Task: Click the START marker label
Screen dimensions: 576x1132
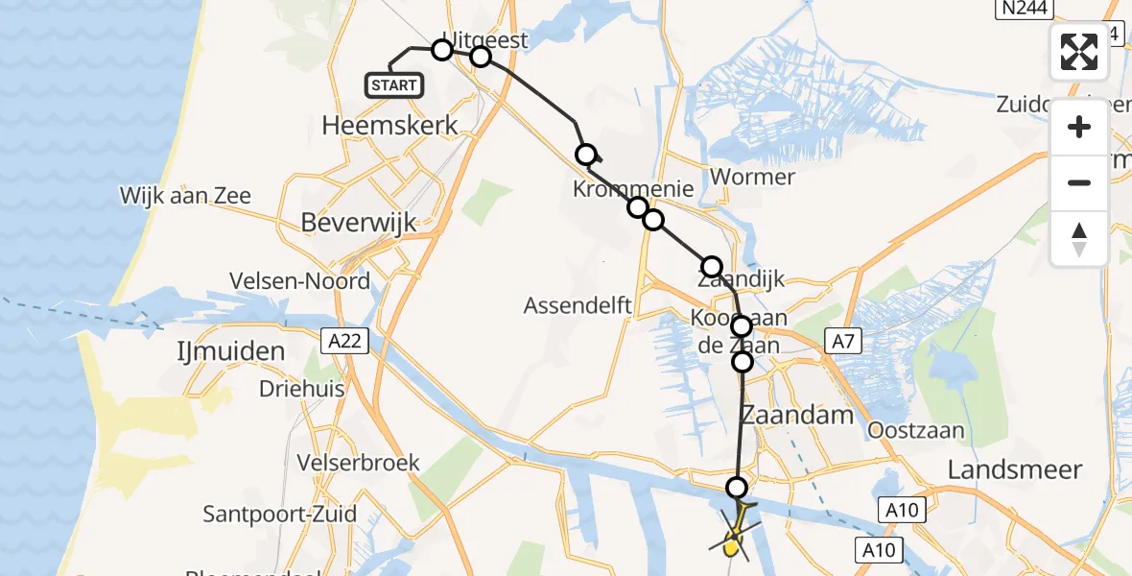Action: click(394, 85)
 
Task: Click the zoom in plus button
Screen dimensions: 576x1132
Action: click(1079, 128)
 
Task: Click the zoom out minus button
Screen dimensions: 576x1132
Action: click(1079, 183)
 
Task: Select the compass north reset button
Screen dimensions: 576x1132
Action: click(1079, 239)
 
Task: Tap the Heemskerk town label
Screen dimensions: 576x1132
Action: click(389, 125)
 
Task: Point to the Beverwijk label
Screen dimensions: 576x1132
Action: click(358, 223)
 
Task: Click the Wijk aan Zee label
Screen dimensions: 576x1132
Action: click(185, 196)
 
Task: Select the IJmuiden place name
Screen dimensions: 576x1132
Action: click(231, 351)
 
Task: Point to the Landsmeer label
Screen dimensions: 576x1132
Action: click(1014, 470)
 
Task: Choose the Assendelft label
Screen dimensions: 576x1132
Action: click(577, 306)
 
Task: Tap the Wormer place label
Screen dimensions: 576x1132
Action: click(752, 177)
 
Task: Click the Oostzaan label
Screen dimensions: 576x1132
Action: click(916, 431)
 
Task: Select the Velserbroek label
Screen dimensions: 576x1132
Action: click(358, 463)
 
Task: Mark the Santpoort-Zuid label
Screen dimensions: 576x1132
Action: click(279, 515)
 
